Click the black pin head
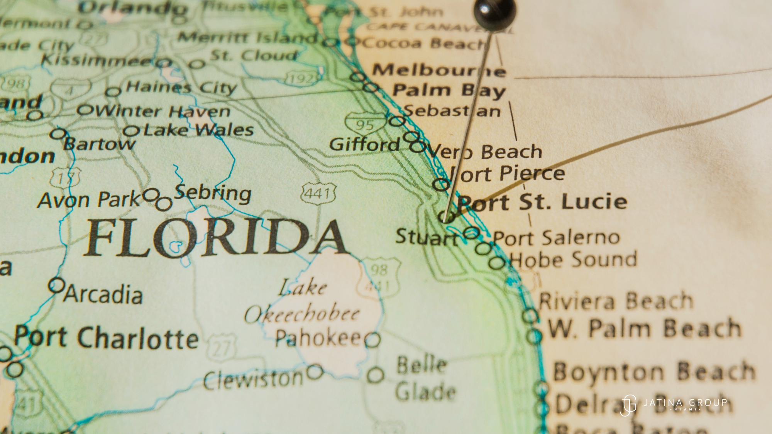click(x=495, y=14)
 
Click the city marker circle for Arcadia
click(x=57, y=285)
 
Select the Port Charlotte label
click(x=106, y=338)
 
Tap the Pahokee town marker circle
click(x=372, y=340)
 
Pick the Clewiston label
click(x=253, y=379)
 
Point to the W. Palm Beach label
click(x=645, y=329)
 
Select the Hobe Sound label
click(x=573, y=259)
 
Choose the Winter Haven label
click(x=162, y=111)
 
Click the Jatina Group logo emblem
click(x=628, y=405)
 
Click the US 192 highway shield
click(x=302, y=78)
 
